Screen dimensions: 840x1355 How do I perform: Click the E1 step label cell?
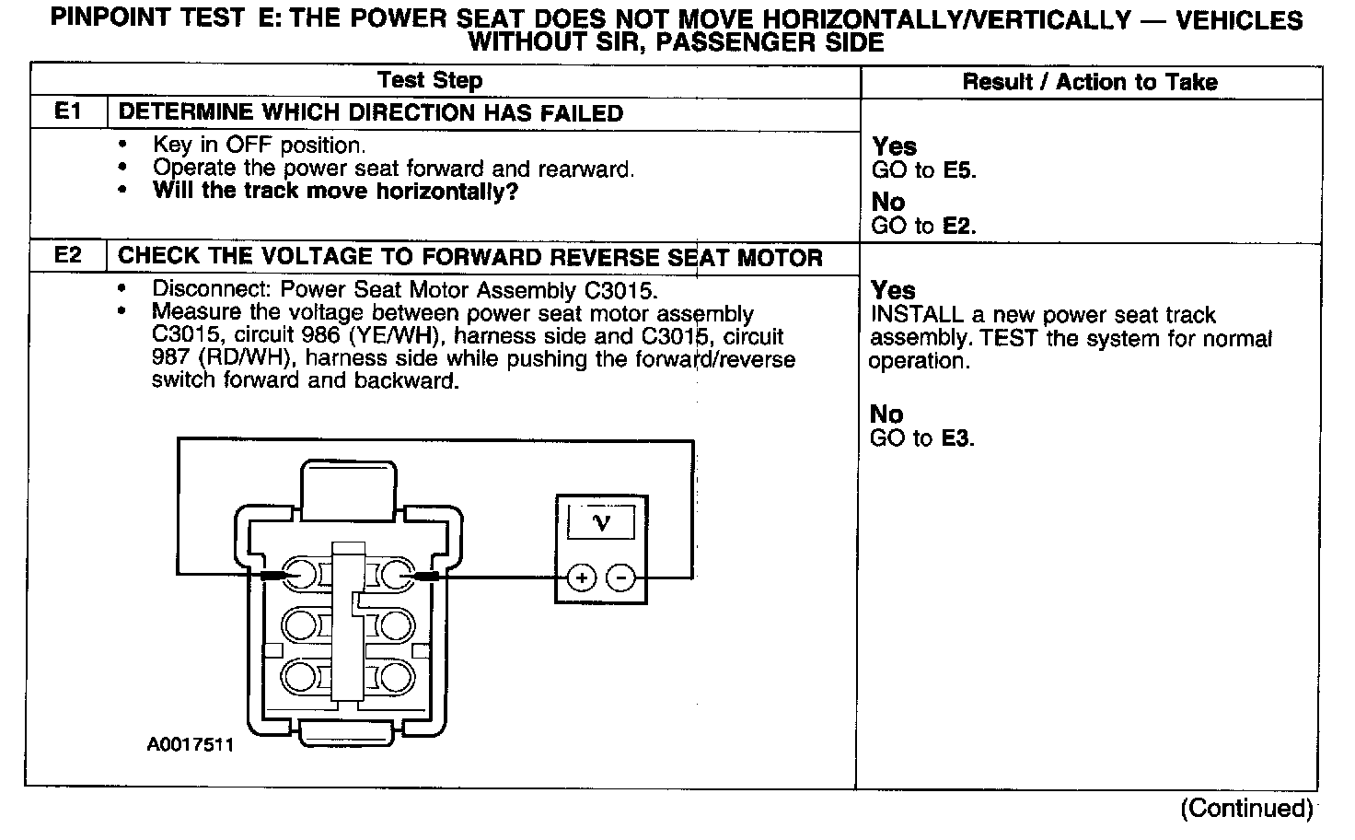(68, 112)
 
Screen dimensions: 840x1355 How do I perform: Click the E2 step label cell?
(68, 256)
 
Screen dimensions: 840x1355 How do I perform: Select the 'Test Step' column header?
(430, 80)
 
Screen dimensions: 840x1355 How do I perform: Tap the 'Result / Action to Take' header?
(1090, 82)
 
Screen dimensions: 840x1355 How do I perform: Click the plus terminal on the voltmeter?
(581, 578)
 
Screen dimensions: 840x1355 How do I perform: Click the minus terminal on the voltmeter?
(621, 578)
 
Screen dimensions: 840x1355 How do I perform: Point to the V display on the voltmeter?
(601, 522)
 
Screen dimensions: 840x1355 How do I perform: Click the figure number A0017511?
(191, 744)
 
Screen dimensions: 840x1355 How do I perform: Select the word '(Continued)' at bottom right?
(1247, 808)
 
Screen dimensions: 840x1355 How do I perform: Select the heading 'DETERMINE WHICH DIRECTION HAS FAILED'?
(371, 113)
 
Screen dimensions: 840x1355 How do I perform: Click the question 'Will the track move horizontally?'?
(335, 192)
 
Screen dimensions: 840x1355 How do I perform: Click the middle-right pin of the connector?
(397, 625)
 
